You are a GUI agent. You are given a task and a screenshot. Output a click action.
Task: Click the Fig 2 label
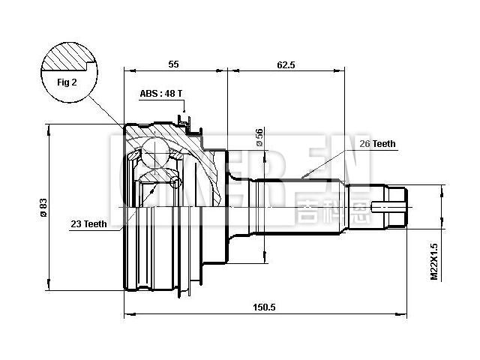68,82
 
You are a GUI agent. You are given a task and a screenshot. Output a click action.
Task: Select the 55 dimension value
173,65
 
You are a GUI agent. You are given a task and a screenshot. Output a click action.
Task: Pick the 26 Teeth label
376,143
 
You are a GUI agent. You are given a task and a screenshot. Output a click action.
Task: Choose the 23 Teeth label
88,223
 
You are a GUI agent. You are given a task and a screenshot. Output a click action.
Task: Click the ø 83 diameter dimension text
43,206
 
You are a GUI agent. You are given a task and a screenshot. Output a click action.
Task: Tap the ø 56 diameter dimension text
259,136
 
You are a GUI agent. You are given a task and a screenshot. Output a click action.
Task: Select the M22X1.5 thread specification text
434,262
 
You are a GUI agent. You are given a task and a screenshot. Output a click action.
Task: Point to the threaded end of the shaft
397,205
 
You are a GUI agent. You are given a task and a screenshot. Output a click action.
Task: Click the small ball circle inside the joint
176,182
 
